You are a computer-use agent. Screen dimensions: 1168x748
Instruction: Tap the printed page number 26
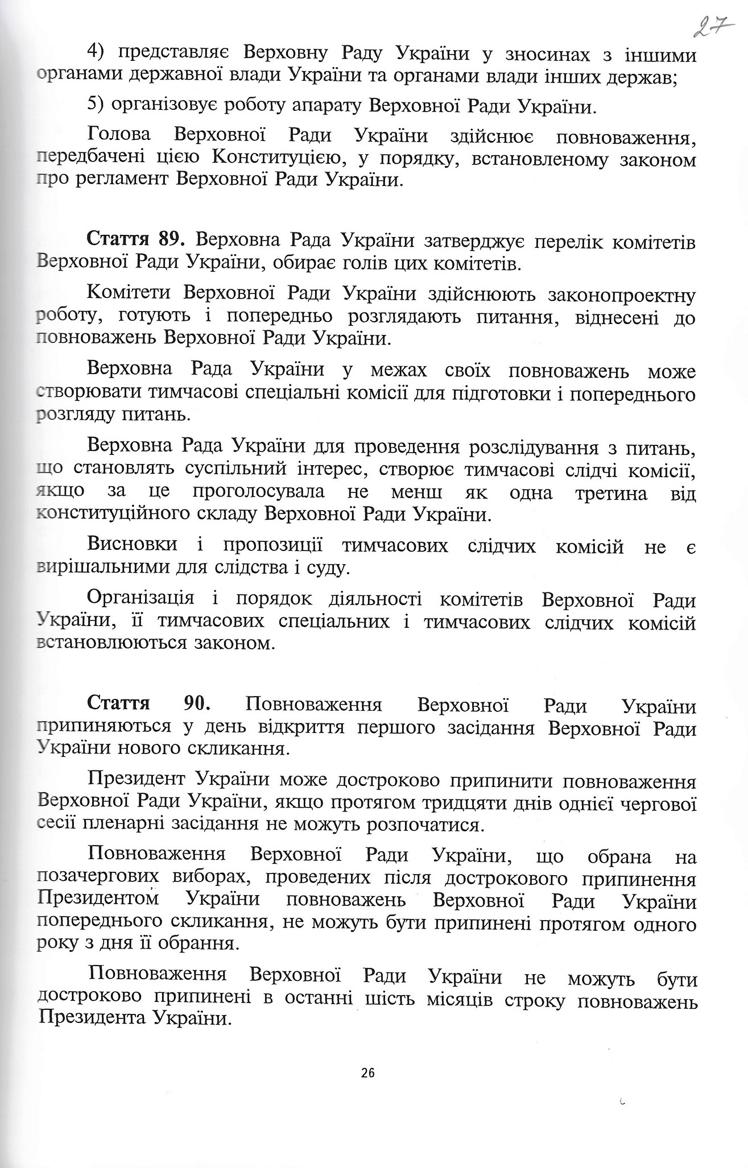[x=367, y=1073]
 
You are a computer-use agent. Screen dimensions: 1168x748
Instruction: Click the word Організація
[x=142, y=599]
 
